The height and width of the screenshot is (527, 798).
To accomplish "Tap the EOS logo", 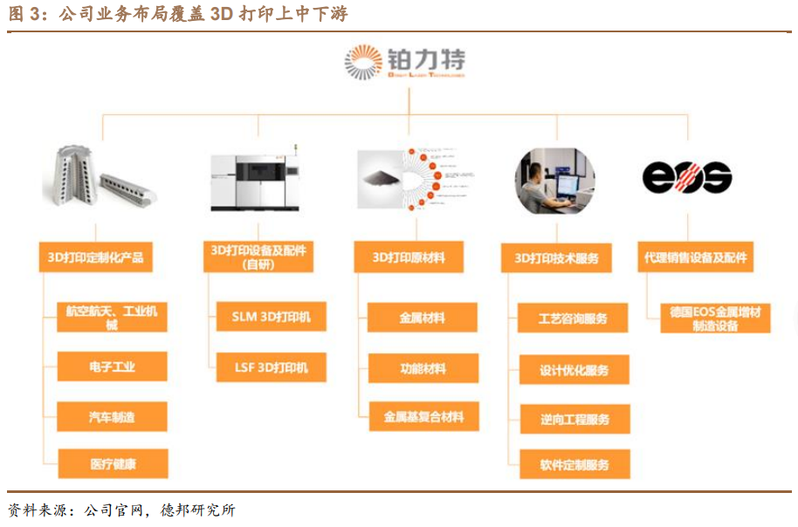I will tap(687, 177).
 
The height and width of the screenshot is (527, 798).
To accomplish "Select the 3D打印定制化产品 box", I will tap(96, 257).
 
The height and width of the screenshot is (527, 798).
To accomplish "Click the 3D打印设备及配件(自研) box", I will tap(259, 257).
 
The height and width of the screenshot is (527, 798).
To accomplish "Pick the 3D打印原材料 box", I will tap(409, 257).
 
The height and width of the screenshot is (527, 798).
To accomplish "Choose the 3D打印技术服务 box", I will tap(557, 258).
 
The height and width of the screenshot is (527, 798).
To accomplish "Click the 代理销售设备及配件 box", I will tap(696, 257).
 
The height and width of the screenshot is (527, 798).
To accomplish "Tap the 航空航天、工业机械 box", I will tap(112, 318).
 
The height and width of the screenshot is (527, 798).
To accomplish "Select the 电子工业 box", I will tap(112, 367).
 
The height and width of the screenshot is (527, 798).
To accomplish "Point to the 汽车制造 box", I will tap(112, 417).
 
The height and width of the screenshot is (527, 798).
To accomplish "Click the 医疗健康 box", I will tap(112, 464).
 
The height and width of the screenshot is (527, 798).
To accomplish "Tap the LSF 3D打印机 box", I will tap(272, 367).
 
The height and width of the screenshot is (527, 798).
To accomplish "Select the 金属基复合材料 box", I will tap(423, 417).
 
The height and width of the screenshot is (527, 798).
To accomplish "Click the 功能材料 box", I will tap(423, 368).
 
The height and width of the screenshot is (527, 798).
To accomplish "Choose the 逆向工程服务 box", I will tap(574, 419).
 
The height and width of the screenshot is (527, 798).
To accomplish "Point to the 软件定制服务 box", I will tap(574, 465).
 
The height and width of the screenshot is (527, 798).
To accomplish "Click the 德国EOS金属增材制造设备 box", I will tap(715, 318).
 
